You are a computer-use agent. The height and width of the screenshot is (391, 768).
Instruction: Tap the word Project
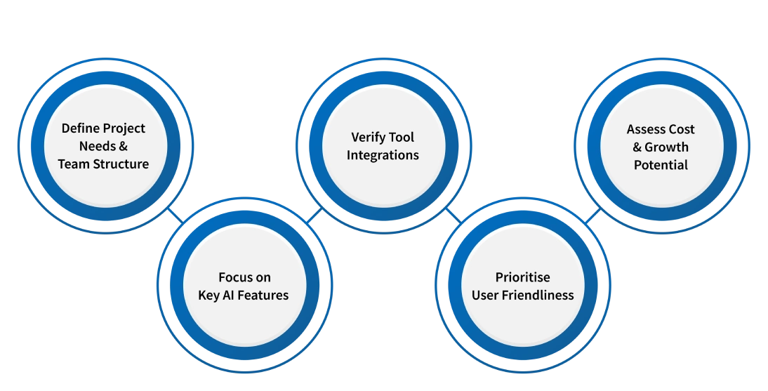124,128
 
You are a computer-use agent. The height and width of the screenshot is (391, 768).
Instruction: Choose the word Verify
369,137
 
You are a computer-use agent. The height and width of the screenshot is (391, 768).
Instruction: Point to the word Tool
402,137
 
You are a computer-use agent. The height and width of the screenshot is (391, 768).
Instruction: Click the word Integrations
383,154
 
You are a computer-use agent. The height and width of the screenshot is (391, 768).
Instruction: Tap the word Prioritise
522,277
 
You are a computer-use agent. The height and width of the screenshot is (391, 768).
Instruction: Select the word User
485,295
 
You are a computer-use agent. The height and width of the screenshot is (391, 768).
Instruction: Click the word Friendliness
538,295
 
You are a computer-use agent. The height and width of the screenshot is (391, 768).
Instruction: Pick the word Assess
644,129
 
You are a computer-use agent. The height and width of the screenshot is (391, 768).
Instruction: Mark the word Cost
680,129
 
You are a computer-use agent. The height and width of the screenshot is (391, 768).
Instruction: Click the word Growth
666,147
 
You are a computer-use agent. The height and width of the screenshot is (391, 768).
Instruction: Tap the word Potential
661,165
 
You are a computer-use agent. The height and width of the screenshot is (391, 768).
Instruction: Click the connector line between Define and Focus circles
178,216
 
